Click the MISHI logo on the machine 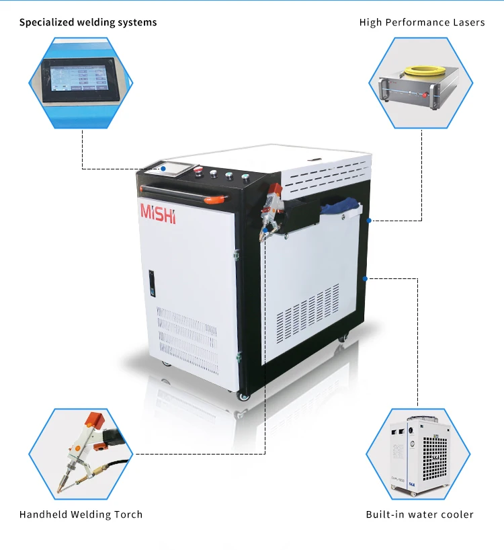[158, 212]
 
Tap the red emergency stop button [198, 171]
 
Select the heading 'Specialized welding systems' [88, 22]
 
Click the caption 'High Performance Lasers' [422, 22]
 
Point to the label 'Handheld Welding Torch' [81, 514]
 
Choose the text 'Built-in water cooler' [419, 514]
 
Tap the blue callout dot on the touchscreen [163, 168]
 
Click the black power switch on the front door [151, 283]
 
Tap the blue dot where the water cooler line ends [364, 278]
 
